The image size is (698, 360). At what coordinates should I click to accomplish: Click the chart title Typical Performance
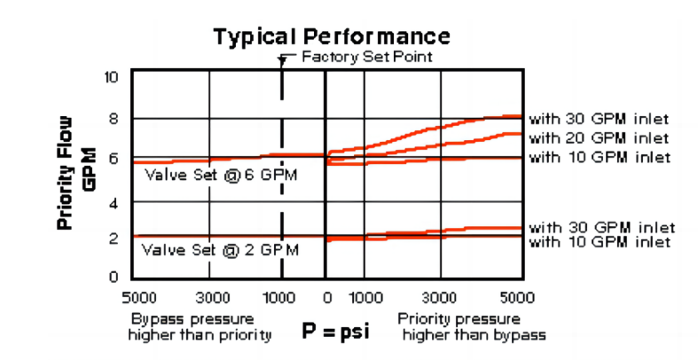tap(331, 36)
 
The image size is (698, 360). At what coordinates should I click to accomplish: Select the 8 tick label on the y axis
tap(113, 118)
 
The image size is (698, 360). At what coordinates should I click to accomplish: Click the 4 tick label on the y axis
tap(113, 202)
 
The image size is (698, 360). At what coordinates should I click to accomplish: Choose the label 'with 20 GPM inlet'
tap(600, 137)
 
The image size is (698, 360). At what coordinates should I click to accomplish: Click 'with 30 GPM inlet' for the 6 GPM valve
tap(600, 118)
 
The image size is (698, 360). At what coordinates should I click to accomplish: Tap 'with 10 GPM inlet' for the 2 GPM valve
tap(600, 242)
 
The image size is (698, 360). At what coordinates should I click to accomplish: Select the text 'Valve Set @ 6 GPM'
tap(221, 174)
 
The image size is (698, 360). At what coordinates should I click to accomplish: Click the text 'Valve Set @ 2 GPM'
tap(221, 250)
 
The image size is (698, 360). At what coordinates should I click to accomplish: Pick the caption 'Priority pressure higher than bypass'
tap(471, 325)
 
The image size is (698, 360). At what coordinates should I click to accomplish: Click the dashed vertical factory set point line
tap(282, 177)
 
